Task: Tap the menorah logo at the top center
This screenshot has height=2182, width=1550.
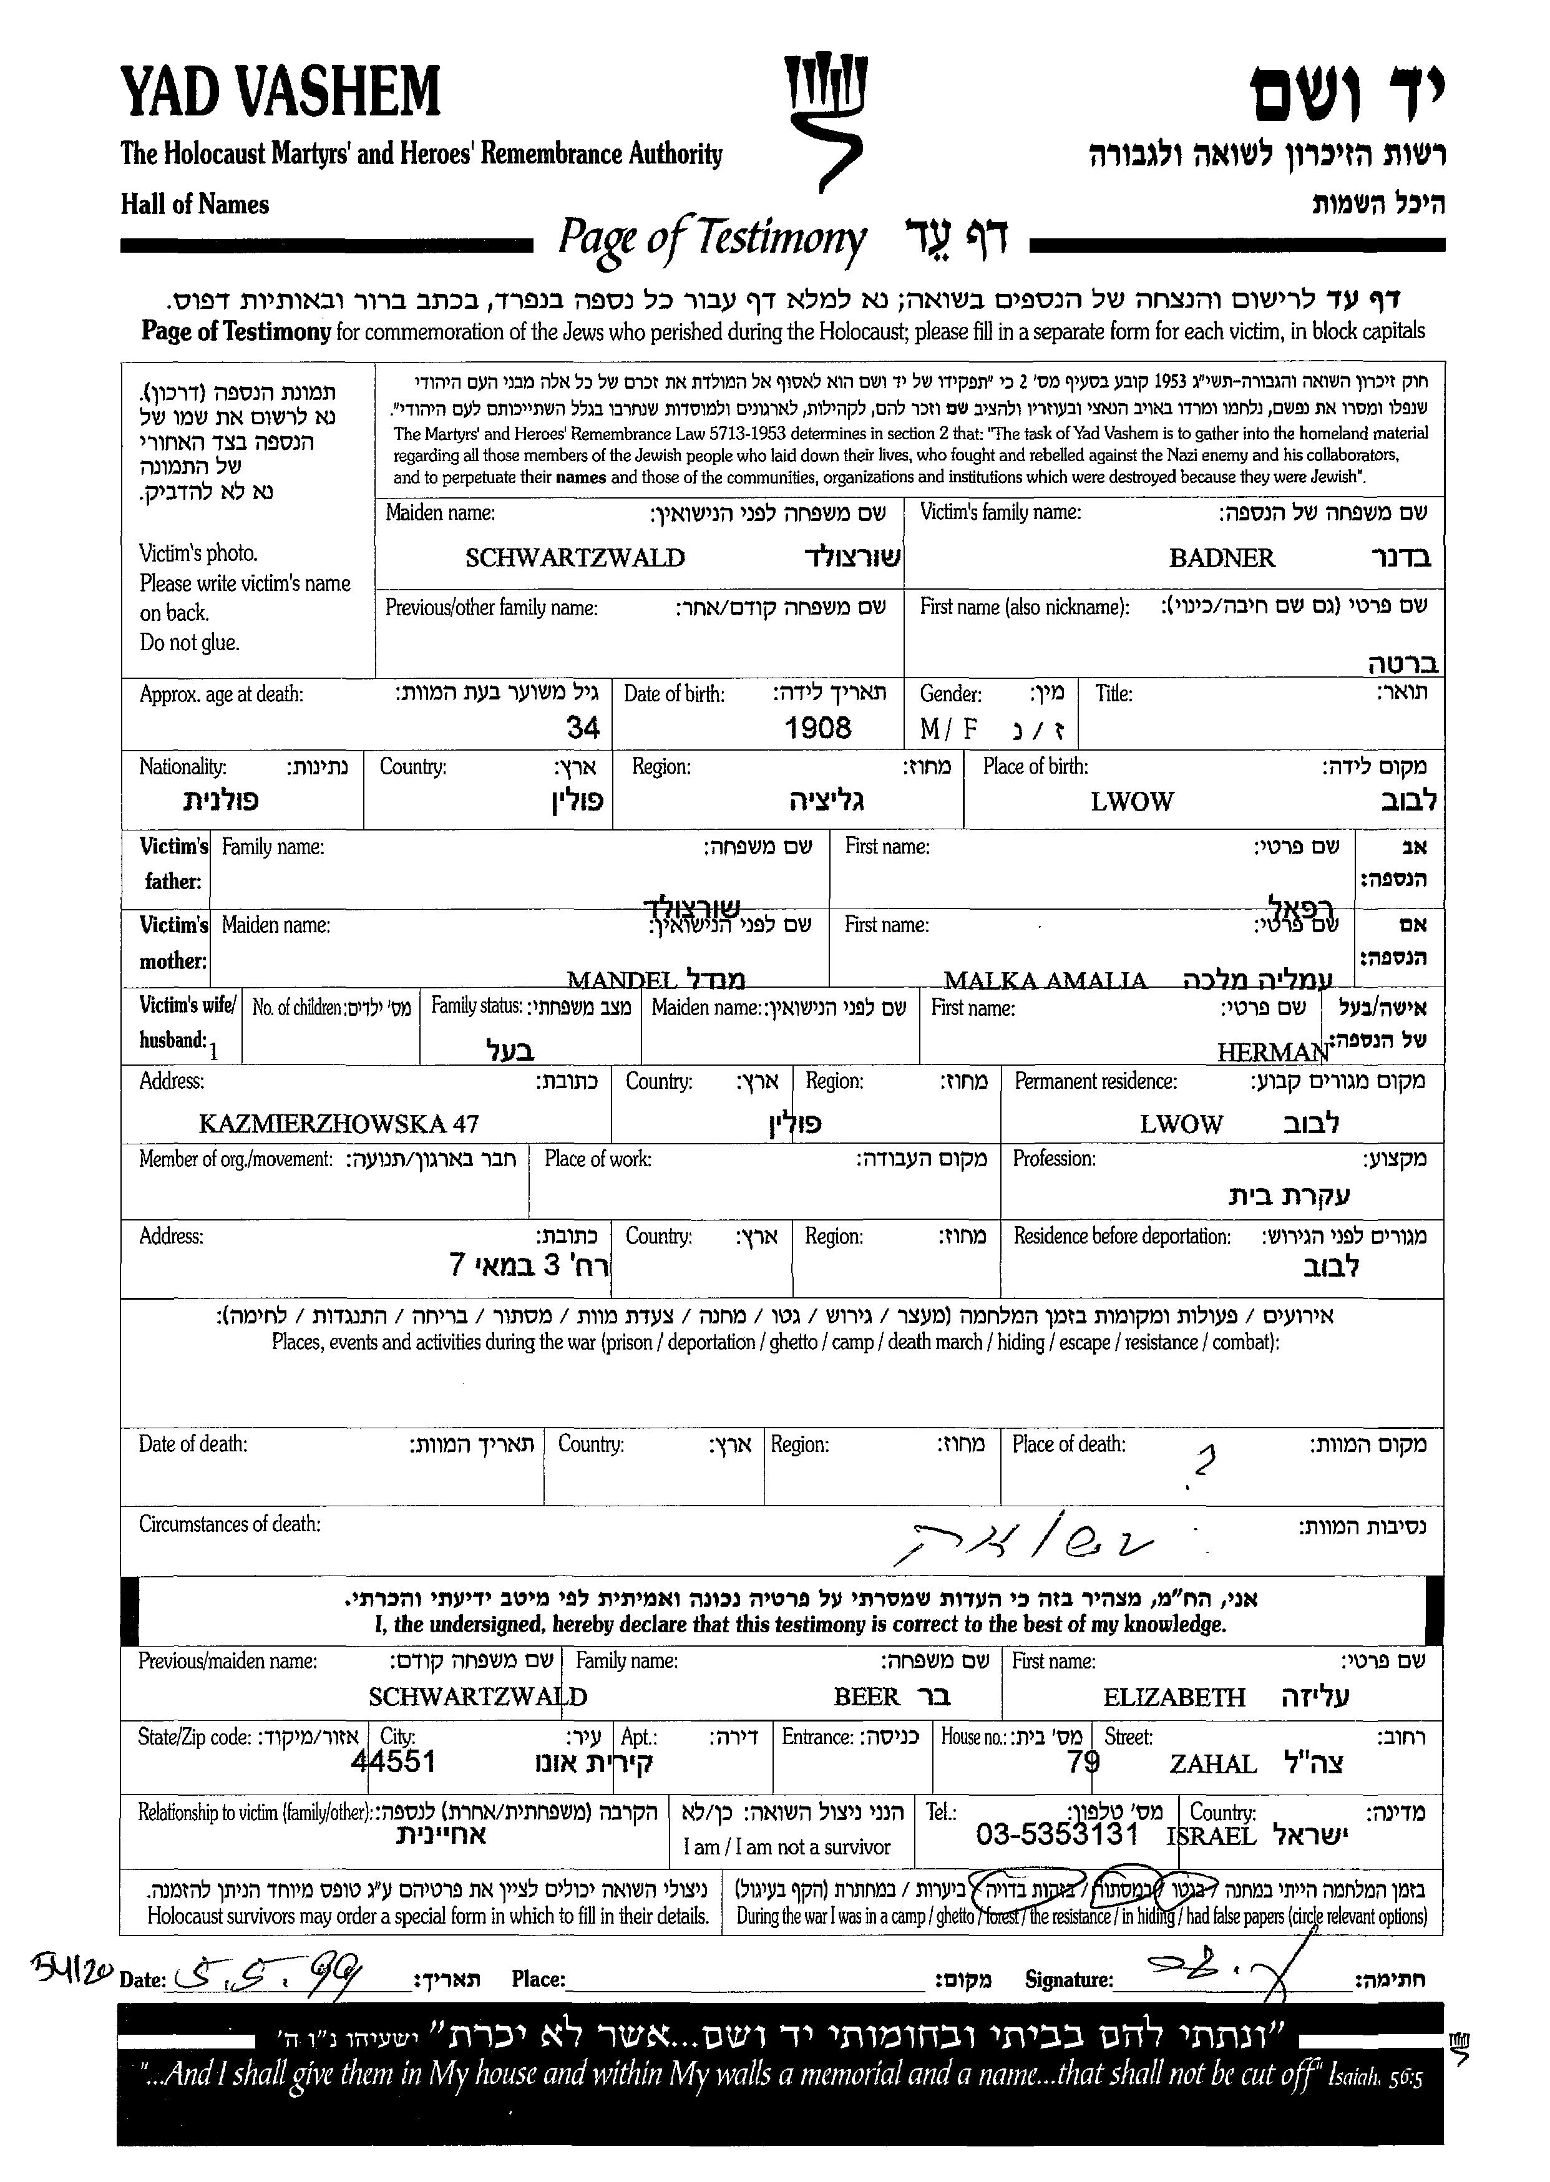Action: pyautogui.click(x=826, y=119)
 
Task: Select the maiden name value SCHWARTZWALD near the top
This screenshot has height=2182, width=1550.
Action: pyautogui.click(x=575, y=558)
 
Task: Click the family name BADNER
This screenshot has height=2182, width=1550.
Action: pyautogui.click(x=1222, y=558)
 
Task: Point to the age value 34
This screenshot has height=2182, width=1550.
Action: pyautogui.click(x=583, y=728)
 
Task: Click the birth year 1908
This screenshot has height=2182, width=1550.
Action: pyautogui.click(x=818, y=728)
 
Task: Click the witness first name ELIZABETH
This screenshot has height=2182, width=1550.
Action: pyautogui.click(x=1174, y=1697)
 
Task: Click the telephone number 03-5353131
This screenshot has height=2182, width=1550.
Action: pyautogui.click(x=1056, y=1834)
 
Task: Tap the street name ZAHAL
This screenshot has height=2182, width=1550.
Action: pyautogui.click(x=1213, y=1764)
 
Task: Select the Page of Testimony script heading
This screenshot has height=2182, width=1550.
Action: pyautogui.click(x=712, y=238)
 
